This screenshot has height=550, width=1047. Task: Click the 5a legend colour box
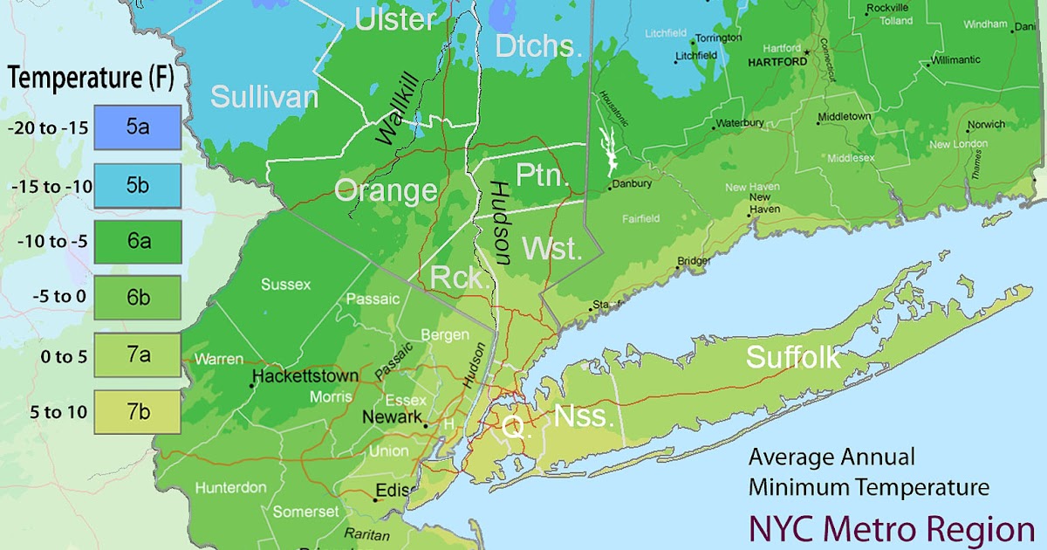(x=137, y=127)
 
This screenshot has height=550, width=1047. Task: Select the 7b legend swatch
(x=137, y=412)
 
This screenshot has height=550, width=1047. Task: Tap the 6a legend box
(x=137, y=242)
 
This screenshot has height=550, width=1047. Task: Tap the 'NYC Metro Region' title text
(x=891, y=529)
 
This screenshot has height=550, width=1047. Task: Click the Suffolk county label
(x=793, y=357)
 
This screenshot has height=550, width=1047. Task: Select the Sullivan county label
(x=264, y=96)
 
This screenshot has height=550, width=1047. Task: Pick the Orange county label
(x=386, y=190)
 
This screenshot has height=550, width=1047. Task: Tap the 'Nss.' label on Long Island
(x=583, y=416)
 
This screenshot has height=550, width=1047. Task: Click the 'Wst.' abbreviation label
(x=551, y=250)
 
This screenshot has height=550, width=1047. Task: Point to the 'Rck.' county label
(x=457, y=278)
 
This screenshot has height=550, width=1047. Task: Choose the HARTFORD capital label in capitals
(x=775, y=63)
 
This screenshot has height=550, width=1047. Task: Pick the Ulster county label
(x=395, y=20)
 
